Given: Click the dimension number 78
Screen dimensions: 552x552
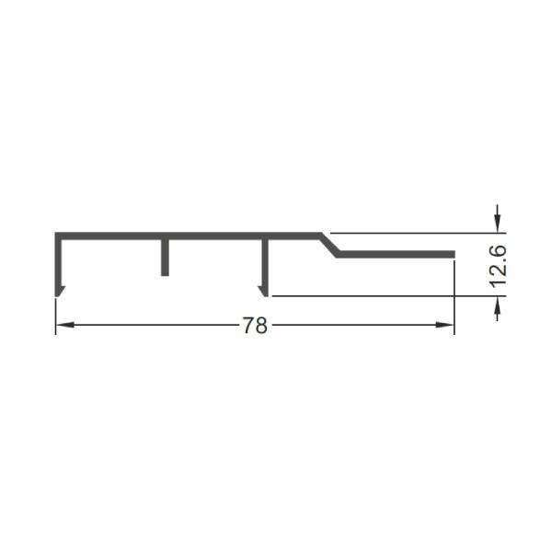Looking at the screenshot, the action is (x=255, y=325).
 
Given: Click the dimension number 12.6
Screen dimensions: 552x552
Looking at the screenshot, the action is (x=498, y=267).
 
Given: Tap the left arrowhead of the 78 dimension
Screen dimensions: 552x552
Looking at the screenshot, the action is (x=65, y=325).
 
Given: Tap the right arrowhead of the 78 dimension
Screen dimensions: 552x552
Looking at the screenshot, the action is (x=444, y=325).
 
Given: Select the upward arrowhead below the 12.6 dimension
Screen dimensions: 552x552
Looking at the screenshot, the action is (x=497, y=305).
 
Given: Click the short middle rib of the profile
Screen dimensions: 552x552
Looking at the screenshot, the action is (x=165, y=258).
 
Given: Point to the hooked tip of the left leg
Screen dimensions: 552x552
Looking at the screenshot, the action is (x=60, y=292).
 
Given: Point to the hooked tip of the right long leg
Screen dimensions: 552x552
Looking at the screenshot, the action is (x=263, y=292).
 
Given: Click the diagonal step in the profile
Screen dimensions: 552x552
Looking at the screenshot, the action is (x=329, y=245).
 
